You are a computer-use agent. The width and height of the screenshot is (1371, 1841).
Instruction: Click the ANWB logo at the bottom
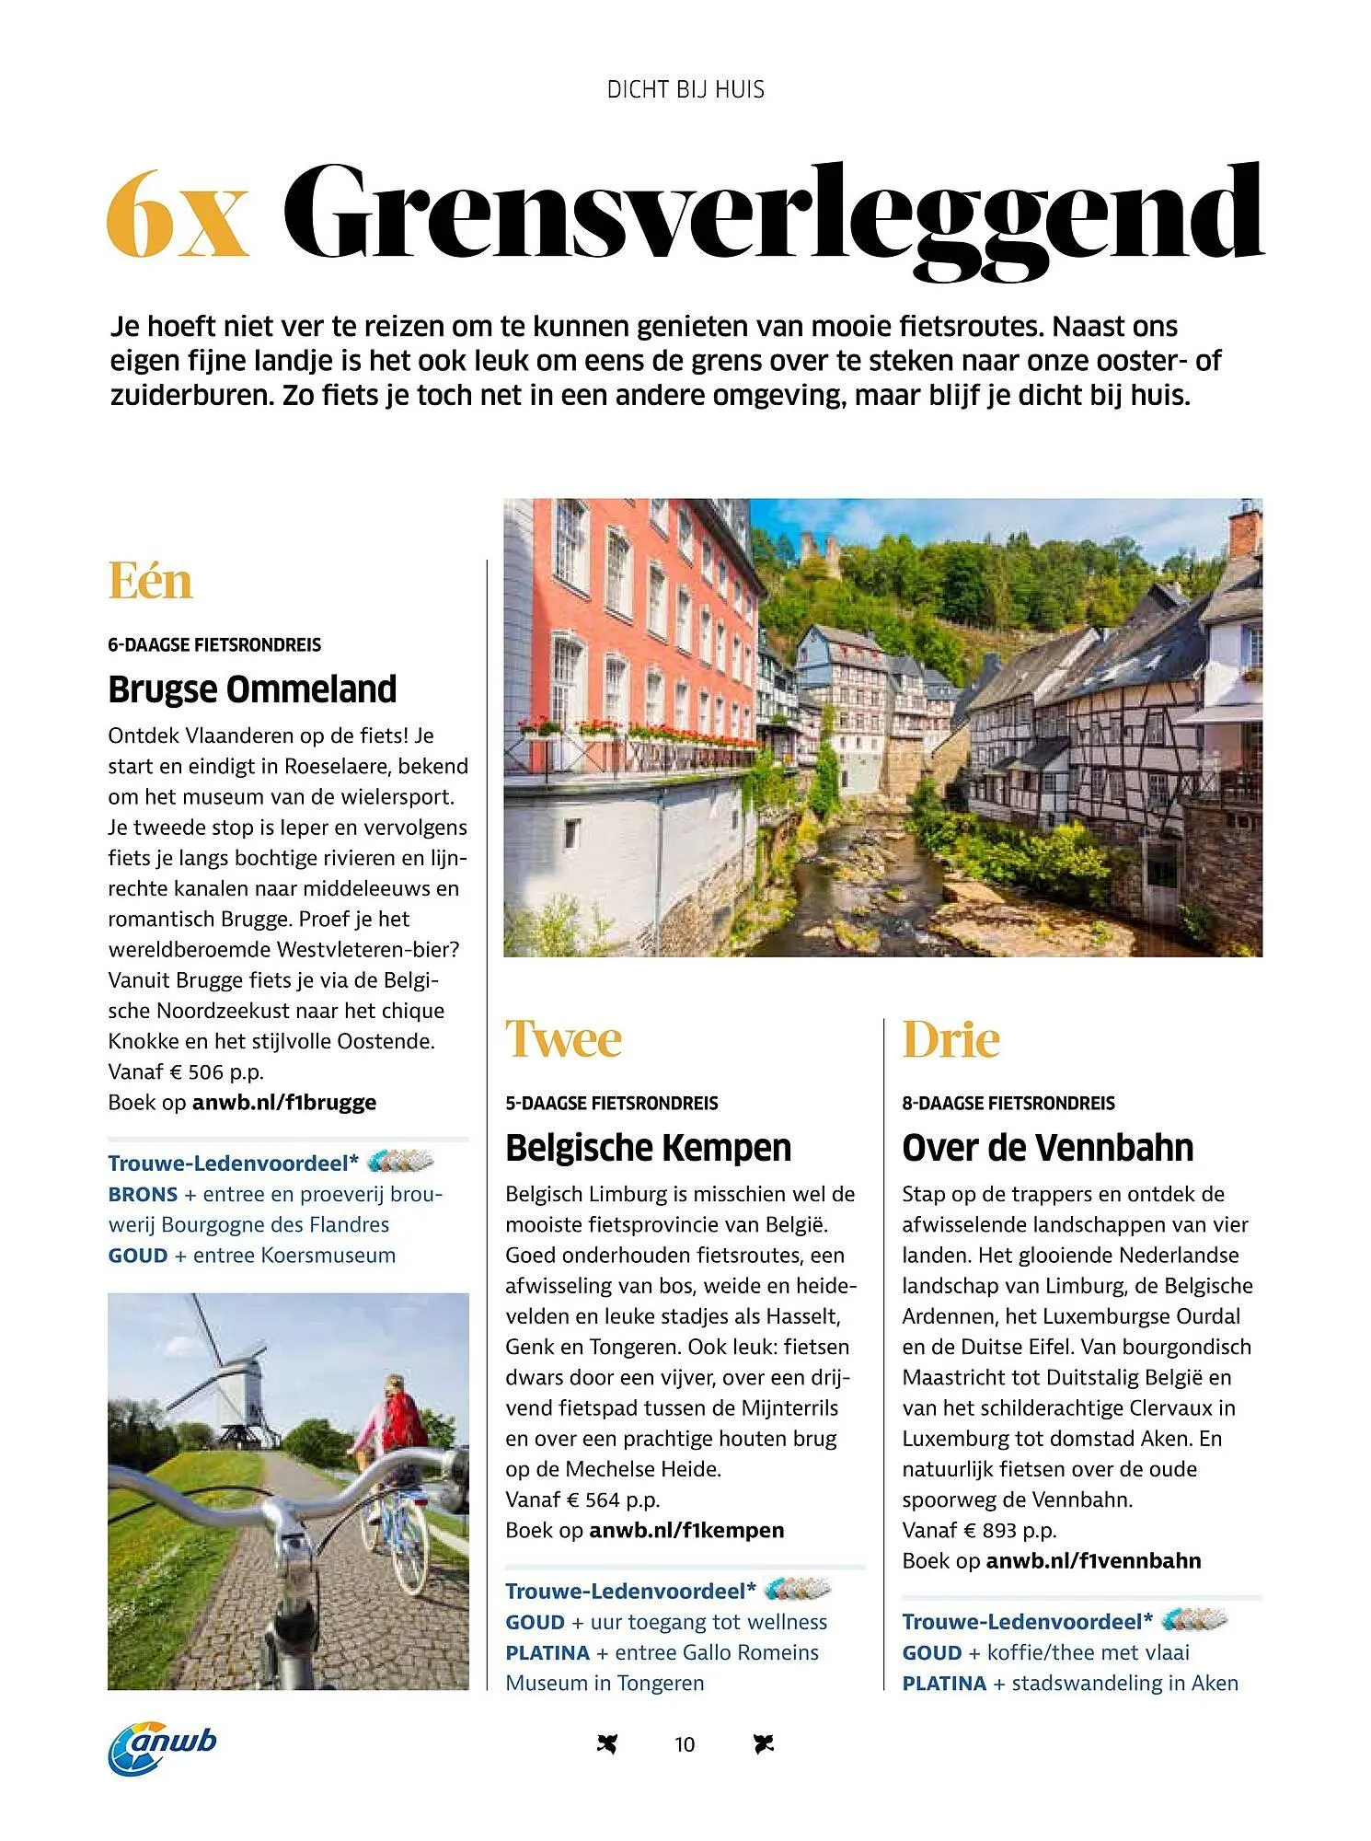[163, 1746]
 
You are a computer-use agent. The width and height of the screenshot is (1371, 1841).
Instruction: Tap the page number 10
[685, 1744]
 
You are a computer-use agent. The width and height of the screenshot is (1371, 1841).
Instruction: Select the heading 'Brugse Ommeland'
[252, 689]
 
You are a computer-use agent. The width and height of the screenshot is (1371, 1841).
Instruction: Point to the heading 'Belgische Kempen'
[648, 1148]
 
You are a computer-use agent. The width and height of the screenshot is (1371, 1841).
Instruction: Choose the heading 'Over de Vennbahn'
[1047, 1148]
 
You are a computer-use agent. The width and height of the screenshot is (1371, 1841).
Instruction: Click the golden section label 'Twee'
[563, 1039]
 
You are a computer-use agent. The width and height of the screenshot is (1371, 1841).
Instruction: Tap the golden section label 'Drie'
[950, 1039]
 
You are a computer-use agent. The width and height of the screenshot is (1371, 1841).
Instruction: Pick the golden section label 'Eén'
[150, 581]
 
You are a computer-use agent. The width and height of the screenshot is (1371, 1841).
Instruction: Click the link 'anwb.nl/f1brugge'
[283, 1102]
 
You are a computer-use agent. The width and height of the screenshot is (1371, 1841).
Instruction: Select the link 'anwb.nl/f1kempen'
[685, 1530]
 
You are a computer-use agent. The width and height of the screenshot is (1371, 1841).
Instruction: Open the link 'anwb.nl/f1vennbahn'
[1093, 1560]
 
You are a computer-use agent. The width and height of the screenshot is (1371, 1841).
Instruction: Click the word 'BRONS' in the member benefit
[143, 1194]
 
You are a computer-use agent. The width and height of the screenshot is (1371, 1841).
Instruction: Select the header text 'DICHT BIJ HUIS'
[685, 89]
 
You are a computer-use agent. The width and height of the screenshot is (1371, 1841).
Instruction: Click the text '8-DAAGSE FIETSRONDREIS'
[1008, 1103]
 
